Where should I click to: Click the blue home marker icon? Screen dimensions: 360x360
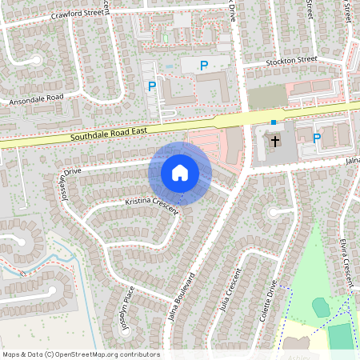180,173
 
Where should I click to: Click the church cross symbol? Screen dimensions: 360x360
275,142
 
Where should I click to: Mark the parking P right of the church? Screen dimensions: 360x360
317,138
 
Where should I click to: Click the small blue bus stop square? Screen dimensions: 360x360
274,122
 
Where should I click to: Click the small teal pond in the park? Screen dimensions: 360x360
321,307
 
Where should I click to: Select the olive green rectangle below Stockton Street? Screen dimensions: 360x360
266,98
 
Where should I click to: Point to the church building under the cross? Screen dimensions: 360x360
269,148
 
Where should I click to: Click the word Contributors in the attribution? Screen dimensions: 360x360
141,354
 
